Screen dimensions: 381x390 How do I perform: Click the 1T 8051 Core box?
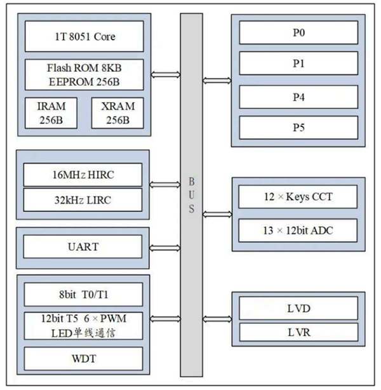(x=84, y=36)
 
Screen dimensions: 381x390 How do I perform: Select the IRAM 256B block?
(x=51, y=113)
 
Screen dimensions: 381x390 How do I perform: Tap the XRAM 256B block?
(x=117, y=113)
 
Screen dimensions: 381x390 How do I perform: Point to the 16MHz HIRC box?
(x=83, y=175)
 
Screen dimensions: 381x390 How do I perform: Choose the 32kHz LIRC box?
(x=83, y=200)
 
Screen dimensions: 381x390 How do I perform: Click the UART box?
(x=83, y=246)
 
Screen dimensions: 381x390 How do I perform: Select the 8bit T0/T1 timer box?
(x=84, y=295)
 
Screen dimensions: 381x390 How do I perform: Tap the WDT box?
(x=84, y=359)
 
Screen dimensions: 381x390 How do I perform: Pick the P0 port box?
(x=298, y=32)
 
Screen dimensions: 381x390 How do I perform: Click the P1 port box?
(x=298, y=63)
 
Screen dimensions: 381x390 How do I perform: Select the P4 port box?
(x=298, y=97)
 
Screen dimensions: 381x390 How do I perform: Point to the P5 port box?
(x=298, y=128)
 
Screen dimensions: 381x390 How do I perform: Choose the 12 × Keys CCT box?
(x=298, y=197)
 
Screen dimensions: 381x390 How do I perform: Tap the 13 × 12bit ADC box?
(x=298, y=231)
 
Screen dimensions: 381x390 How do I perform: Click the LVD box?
(x=298, y=308)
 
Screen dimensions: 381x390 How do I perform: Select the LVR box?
(x=298, y=332)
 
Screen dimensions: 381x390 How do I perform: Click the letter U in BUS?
(x=192, y=195)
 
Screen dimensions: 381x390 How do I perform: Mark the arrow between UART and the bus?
(x=165, y=248)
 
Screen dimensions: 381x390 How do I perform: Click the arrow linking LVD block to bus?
(x=217, y=319)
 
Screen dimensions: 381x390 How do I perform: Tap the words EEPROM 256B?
(x=84, y=82)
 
